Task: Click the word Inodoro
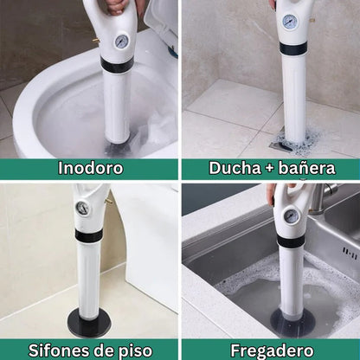click(90, 168)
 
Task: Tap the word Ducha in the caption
click(235, 168)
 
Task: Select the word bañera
click(307, 168)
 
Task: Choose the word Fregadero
click(272, 350)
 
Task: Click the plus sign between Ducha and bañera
click(269, 169)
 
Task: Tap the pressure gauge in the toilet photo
click(122, 42)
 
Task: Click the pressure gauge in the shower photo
click(289, 22)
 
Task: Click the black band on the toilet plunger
click(116, 65)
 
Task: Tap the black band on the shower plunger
click(292, 48)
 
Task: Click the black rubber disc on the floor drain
click(87, 321)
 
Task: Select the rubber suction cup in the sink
click(292, 319)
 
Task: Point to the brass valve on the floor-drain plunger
click(109, 200)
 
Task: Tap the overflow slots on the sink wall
click(350, 252)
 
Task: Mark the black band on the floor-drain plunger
click(89, 236)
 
